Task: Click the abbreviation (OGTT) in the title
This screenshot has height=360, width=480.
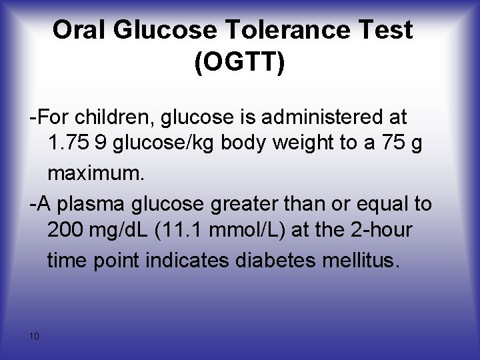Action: [x=239, y=63]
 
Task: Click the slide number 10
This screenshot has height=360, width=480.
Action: [x=35, y=336]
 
